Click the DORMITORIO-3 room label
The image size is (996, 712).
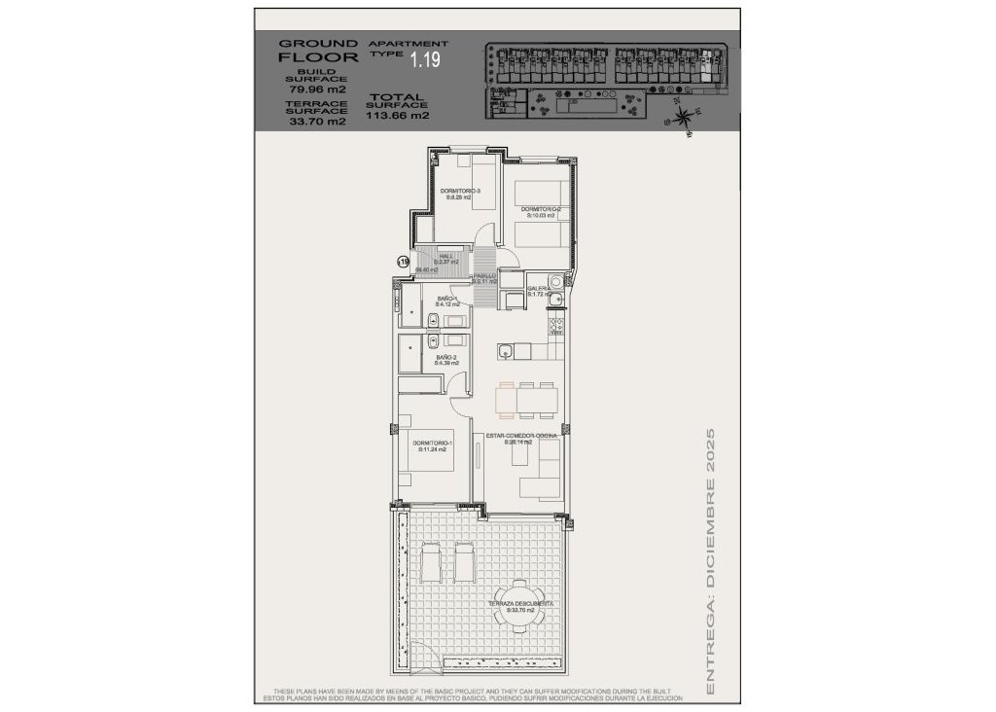click(453, 193)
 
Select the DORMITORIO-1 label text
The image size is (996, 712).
click(432, 445)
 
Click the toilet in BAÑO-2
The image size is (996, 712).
click(430, 341)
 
